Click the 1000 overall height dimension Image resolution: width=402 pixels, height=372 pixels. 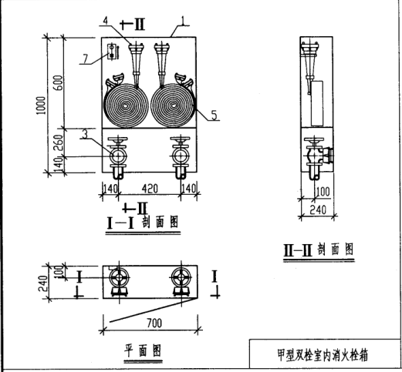click(42, 106)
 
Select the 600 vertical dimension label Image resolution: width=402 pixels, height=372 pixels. click(58, 82)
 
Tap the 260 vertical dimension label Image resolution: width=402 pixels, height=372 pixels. click(59, 142)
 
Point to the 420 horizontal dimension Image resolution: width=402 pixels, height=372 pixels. click(150, 189)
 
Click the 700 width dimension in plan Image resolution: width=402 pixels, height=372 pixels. click(154, 323)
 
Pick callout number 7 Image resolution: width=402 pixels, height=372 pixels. click(85, 59)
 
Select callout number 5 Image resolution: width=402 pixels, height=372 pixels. click(215, 115)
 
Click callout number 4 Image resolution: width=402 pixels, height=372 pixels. click(105, 20)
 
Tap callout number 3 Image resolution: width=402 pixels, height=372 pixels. click(85, 135)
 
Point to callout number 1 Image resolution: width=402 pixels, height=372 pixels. click(183, 21)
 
